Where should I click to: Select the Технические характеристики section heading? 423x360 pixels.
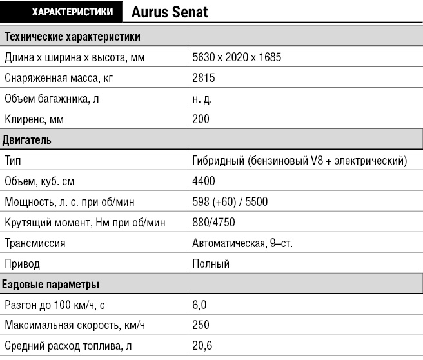pos(72,37)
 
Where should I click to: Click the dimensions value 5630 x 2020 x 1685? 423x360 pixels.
pos(237,57)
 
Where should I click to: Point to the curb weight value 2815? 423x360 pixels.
pos(203,78)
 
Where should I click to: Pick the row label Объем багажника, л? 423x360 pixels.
pos(52,99)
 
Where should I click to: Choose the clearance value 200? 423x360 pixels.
pos(201,119)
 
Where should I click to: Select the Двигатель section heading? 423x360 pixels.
pos(27,140)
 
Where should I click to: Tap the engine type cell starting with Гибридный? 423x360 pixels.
pos(300,161)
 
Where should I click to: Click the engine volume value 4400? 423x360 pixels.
pos(204,181)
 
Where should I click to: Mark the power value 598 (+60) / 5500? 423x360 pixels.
pos(230,202)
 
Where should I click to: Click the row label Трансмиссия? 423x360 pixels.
pos(35,243)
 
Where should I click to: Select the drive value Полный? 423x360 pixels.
pos(210,264)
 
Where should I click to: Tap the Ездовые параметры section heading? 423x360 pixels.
pos(50,285)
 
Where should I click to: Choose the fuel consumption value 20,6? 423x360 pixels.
pos(202,346)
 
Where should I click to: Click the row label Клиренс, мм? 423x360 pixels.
pos(34,119)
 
